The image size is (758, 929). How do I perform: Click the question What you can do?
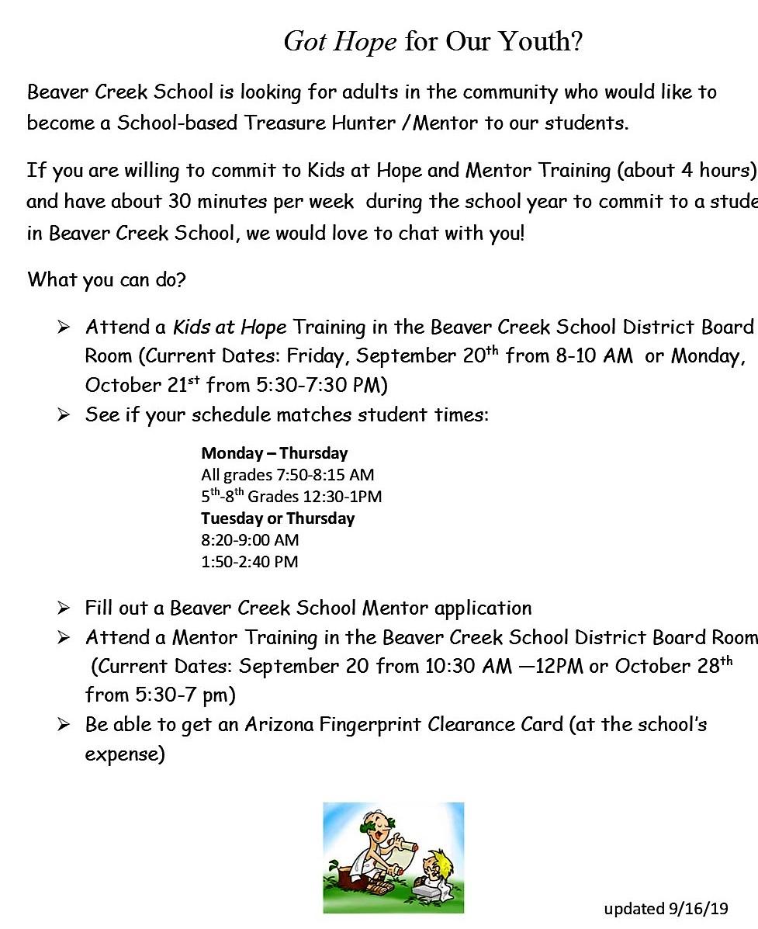click(x=106, y=279)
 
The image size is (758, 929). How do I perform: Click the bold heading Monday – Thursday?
click(x=274, y=452)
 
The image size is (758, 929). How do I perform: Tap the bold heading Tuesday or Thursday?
click(x=278, y=518)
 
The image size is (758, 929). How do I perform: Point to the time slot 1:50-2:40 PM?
click(x=249, y=561)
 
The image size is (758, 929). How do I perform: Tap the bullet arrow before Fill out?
click(x=64, y=608)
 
